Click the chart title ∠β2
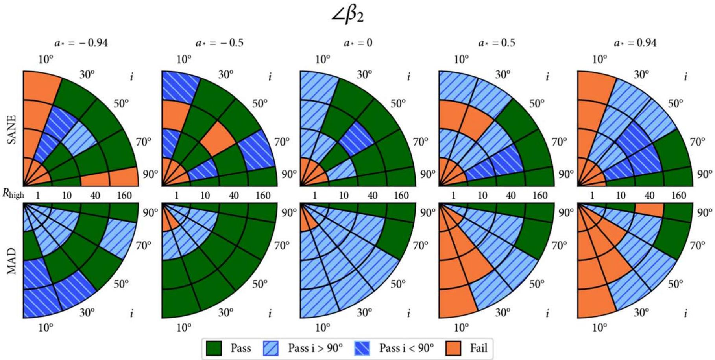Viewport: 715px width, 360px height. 348,16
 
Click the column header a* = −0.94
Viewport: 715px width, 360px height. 81,42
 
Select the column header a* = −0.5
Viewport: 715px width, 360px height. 220,42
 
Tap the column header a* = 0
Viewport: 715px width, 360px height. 358,42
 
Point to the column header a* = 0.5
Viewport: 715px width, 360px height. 496,42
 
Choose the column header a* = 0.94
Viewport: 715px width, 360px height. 635,42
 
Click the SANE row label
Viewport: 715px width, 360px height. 12,129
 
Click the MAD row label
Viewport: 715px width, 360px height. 12,261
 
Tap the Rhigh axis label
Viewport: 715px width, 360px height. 13,194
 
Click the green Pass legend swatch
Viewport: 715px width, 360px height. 214,348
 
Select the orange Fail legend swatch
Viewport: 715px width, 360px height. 453,348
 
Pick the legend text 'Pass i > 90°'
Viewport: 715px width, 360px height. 315,348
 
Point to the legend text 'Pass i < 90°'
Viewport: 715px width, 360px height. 406,348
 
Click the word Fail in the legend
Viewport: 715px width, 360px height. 479,348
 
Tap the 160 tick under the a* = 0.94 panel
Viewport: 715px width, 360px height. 678,195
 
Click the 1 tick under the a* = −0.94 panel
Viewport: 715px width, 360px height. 38,195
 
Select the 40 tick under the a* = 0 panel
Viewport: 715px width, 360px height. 372,195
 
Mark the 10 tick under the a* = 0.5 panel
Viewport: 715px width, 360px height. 482,195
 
